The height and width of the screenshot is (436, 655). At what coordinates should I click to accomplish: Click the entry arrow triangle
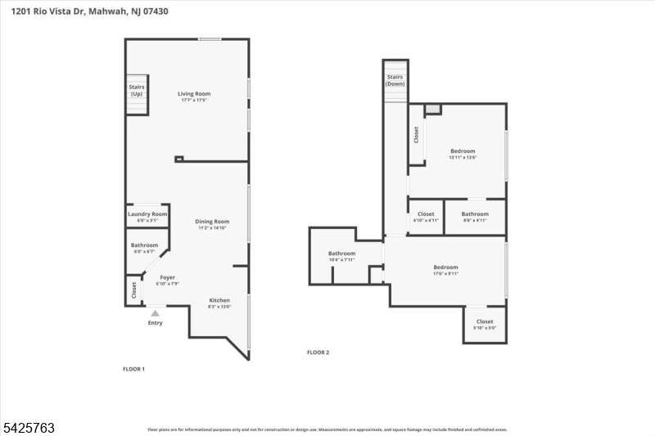(x=155, y=312)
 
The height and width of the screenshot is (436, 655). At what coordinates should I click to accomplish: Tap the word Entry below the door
(x=155, y=322)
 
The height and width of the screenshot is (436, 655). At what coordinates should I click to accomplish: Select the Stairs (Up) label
(x=136, y=90)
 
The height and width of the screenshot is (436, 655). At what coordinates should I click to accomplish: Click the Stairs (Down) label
(x=395, y=80)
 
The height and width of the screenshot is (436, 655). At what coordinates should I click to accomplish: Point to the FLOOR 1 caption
(x=133, y=369)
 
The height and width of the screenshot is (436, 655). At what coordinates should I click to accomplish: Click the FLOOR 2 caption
(x=318, y=353)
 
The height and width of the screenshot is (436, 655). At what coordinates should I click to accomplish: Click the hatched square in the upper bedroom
(x=433, y=109)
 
